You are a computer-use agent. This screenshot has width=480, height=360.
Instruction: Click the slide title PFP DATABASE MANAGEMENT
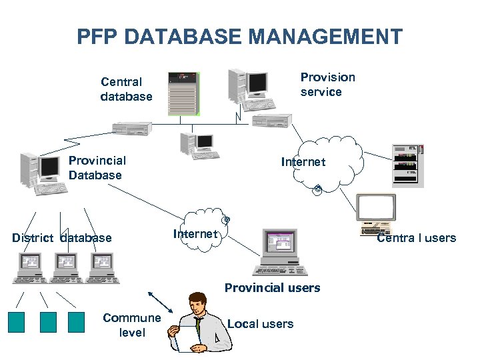(240, 36)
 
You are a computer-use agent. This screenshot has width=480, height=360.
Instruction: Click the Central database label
(126, 89)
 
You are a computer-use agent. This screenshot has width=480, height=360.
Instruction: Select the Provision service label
(327, 85)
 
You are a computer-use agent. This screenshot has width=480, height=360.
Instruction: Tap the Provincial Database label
(97, 167)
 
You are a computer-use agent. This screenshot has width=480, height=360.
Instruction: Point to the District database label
(62, 238)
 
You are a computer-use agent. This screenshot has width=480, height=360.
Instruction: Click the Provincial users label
(272, 288)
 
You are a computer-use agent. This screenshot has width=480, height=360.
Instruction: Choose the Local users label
(260, 324)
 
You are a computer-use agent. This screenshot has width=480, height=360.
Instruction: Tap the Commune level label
(131, 325)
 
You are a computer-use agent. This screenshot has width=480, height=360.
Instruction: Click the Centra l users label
(416, 238)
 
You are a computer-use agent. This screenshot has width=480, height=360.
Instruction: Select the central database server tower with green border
(183, 93)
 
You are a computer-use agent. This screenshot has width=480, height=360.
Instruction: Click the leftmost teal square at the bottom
(16, 322)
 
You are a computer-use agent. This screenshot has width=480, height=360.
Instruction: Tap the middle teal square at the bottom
(48, 322)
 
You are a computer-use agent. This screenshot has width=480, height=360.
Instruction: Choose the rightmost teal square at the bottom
(77, 322)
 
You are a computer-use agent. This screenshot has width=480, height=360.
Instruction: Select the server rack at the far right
(407, 165)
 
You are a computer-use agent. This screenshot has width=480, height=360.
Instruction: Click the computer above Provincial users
(281, 253)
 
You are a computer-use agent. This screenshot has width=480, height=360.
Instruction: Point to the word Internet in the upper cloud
(303, 162)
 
